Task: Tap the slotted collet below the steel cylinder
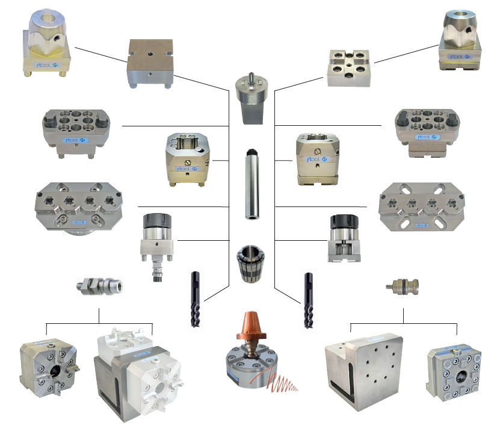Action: coord(250,264)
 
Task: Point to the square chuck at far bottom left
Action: coord(49,368)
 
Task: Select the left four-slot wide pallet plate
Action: coord(79,205)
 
